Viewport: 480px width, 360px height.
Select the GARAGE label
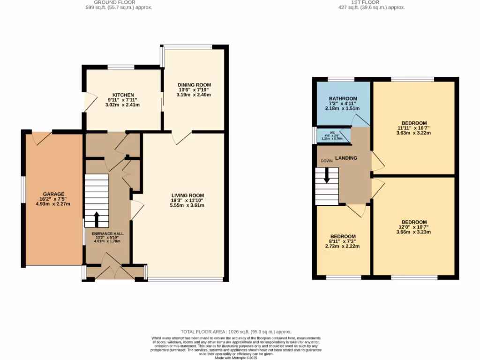[53, 194]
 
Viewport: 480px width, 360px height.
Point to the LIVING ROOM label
[187, 195]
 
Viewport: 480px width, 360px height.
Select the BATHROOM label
[343, 98]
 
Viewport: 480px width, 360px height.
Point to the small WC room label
[332, 133]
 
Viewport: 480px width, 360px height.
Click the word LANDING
[346, 158]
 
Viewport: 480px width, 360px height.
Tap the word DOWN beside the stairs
[327, 161]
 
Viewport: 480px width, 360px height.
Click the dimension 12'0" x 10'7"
[414, 227]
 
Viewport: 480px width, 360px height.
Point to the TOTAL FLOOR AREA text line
[240, 331]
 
